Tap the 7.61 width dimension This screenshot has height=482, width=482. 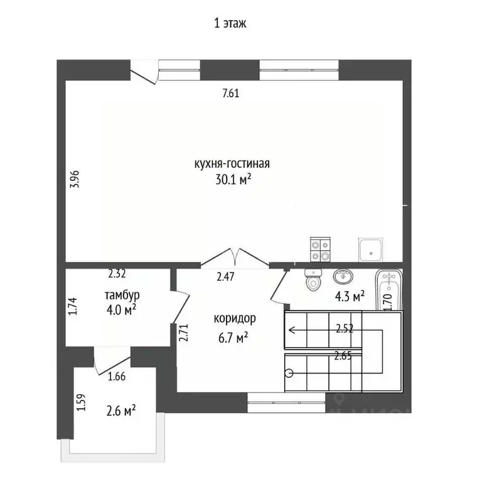232,94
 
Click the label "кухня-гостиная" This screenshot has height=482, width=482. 232,164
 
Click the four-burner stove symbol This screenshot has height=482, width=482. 320,250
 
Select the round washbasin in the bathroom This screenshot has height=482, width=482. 343,277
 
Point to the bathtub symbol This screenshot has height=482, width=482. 389,290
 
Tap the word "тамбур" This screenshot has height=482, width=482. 122,294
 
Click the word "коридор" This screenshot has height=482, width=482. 235,318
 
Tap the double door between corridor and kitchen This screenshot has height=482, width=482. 235,256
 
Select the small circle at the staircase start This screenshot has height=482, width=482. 289,373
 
